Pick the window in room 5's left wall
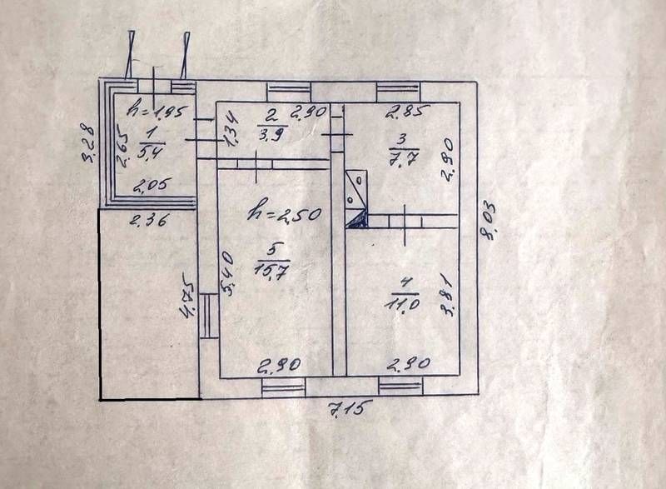tap(206, 318)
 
